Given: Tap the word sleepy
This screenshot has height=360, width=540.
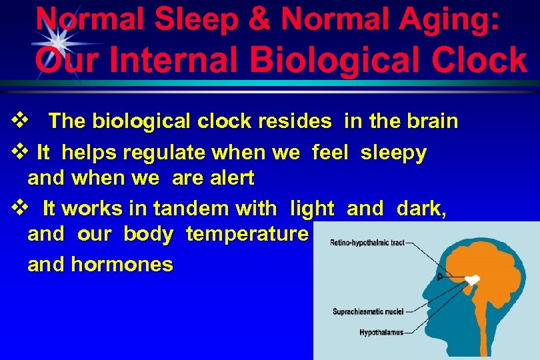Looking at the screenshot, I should tap(393, 153).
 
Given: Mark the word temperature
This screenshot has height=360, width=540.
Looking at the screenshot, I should tap(247, 234).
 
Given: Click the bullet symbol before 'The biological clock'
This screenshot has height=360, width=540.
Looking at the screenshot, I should tap(19, 121).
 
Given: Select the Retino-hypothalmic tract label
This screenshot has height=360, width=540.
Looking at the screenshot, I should tap(367, 243).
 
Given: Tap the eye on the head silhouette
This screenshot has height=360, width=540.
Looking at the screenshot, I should tap(439, 276).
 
